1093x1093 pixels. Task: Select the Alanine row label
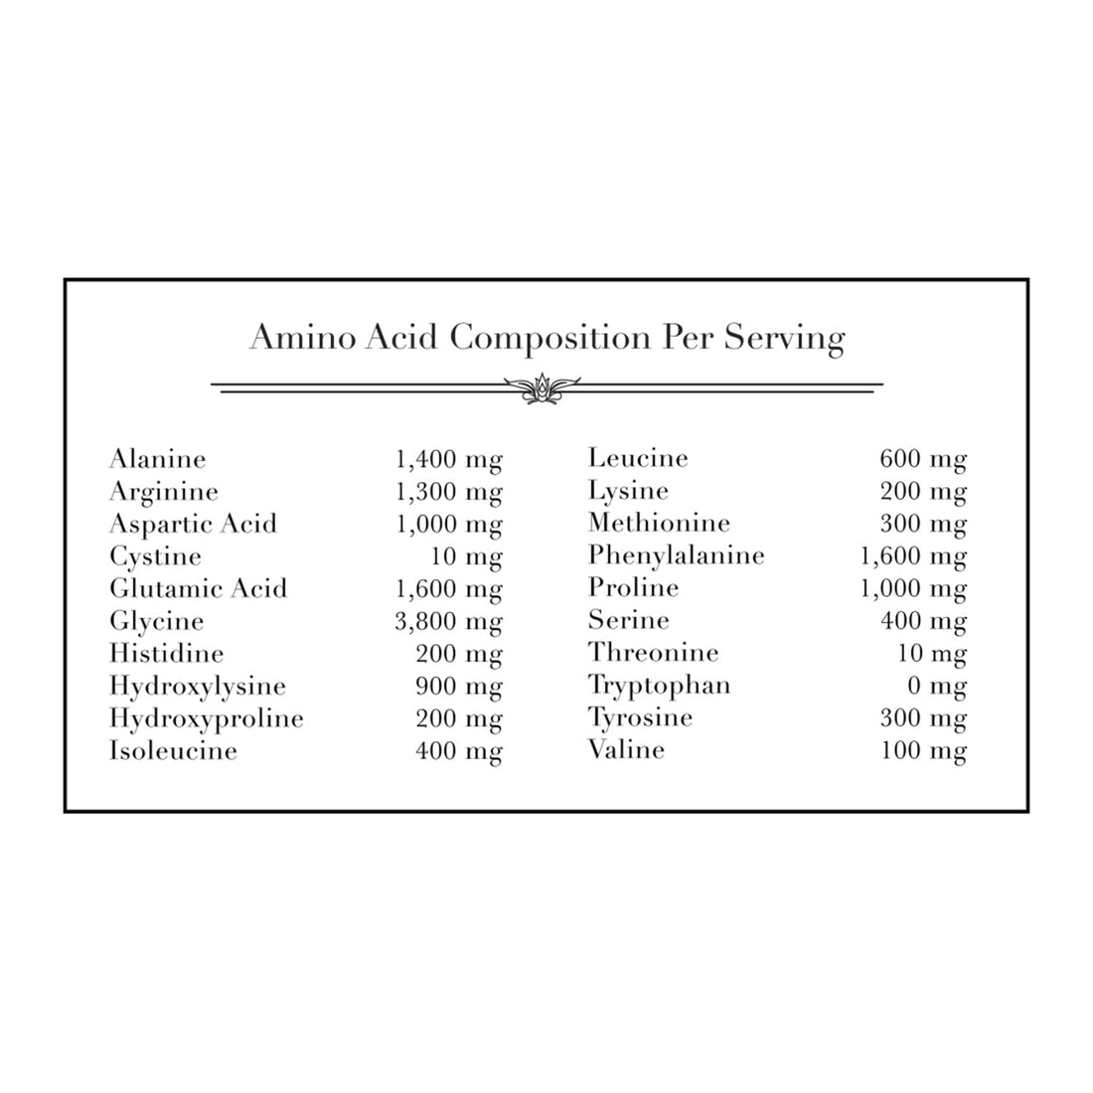pos(158,459)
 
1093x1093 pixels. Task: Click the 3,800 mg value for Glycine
pos(448,622)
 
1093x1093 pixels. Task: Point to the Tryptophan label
pos(659,686)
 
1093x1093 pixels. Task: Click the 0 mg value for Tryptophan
pos(936,686)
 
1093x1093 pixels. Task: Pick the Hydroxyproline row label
pos(207,718)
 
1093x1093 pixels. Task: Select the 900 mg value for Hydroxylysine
pos(458,687)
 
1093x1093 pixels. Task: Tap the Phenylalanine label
pos(676,555)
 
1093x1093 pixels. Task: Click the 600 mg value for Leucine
pos(923,459)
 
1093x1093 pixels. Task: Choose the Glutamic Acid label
pos(198,589)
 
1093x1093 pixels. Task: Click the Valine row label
pos(626,750)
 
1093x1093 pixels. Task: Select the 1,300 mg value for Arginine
pos(448,492)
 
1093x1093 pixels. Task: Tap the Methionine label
pos(659,524)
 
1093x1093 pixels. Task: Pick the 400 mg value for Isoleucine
pos(458,751)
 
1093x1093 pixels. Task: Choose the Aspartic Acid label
pos(193,524)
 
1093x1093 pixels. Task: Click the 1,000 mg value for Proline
pos(913,588)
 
